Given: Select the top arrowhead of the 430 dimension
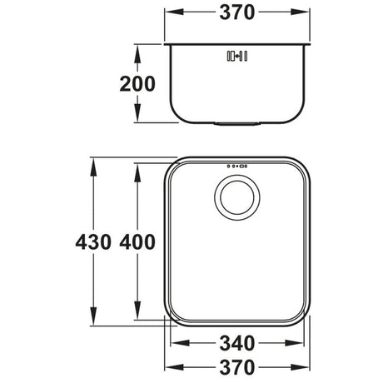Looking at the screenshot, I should [x=91, y=160].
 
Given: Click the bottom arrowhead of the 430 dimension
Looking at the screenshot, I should [x=91, y=327].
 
